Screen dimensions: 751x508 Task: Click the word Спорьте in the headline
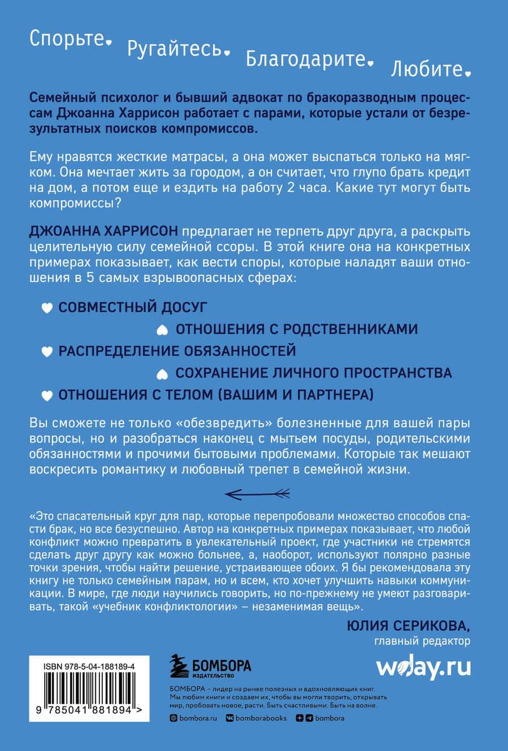[67, 38]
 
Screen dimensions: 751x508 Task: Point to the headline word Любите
[427, 69]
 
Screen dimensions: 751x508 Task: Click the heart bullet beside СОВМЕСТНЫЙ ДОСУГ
[47, 308]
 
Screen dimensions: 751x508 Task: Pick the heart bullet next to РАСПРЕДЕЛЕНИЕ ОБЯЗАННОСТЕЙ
[47, 352]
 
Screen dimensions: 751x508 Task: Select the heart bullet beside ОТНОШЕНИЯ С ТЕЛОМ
[47, 396]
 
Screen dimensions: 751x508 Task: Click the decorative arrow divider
[257, 494]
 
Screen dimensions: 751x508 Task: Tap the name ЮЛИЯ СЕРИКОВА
[408, 625]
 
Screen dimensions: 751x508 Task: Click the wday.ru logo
[423, 667]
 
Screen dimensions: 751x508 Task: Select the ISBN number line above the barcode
[89, 666]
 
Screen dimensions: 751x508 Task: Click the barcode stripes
[89, 688]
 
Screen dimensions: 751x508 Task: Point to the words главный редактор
[422, 641]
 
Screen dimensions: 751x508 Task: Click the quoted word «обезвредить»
[211, 423]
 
